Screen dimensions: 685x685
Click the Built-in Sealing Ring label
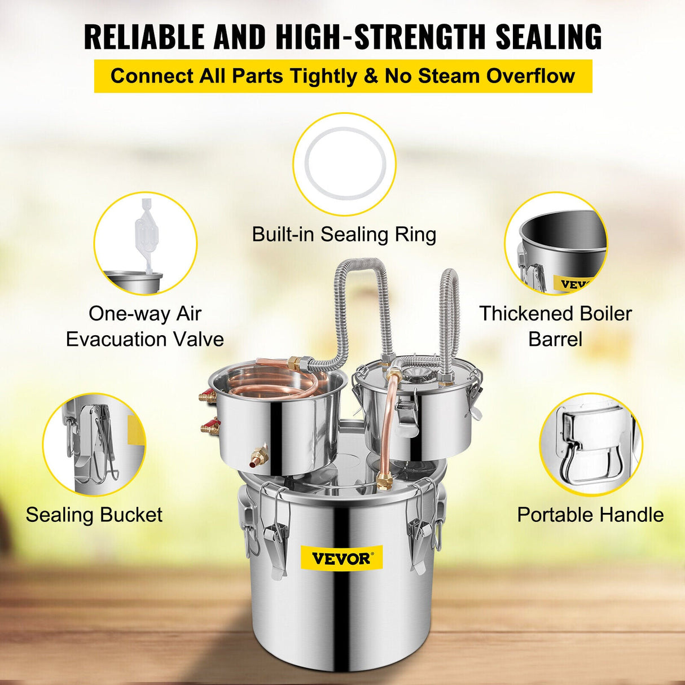click(x=344, y=234)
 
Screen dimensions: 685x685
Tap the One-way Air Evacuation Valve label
click(x=145, y=326)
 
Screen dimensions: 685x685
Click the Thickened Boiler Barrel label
click(x=555, y=326)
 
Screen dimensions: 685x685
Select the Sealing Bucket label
click(x=94, y=515)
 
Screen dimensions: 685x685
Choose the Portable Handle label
click(x=590, y=515)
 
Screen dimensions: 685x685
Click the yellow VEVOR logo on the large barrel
click(x=341, y=559)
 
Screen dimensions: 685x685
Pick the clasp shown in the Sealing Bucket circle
click(x=93, y=446)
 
